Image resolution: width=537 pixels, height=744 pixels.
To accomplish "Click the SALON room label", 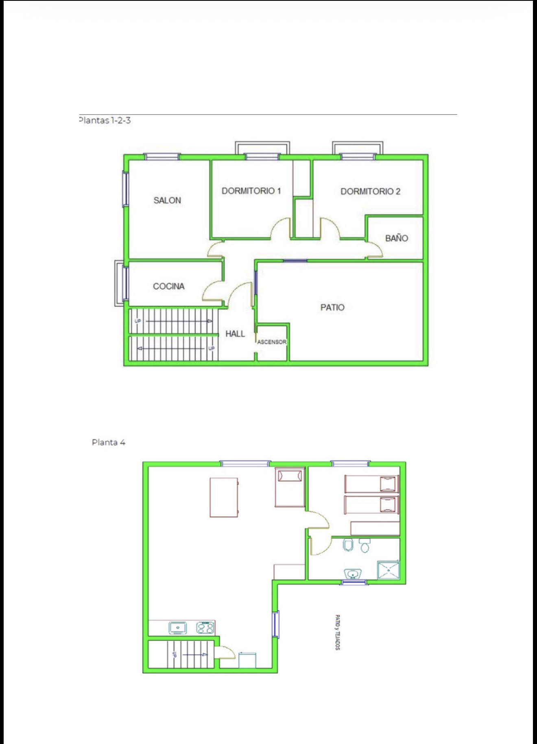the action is (167, 200).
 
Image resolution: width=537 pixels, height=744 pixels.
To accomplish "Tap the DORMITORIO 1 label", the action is (251, 191).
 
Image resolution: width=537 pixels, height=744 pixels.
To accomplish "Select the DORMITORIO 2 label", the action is (370, 191).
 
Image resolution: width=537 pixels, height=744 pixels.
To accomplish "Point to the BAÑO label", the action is (397, 238).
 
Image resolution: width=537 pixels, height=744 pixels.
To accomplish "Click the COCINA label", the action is (169, 286).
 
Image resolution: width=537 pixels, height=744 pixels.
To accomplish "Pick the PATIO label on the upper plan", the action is (332, 307).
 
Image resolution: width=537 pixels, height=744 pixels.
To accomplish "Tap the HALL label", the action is (235, 334).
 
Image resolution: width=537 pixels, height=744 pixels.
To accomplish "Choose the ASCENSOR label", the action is (272, 342).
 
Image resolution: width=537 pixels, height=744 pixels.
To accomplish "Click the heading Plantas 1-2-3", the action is (105, 120).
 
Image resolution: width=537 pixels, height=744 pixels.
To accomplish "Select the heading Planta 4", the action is (109, 442).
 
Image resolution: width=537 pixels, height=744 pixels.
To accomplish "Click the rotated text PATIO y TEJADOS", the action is (338, 632).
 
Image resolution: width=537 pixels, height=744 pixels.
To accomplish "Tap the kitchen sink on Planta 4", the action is (178, 628).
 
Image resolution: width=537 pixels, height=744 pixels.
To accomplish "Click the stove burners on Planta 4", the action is (205, 628).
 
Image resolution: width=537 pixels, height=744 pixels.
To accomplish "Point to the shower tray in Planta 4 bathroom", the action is (389, 570).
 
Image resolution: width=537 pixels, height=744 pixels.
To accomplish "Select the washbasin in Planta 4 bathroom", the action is (352, 573).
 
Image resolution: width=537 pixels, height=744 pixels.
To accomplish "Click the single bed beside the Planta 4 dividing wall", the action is (290, 487).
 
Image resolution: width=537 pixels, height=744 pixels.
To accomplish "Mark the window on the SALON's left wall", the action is (126, 189).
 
